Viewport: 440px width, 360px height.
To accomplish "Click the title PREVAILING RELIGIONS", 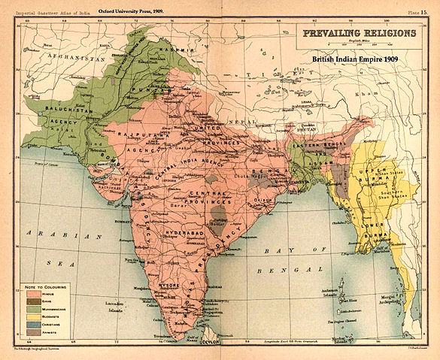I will point(359,34).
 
